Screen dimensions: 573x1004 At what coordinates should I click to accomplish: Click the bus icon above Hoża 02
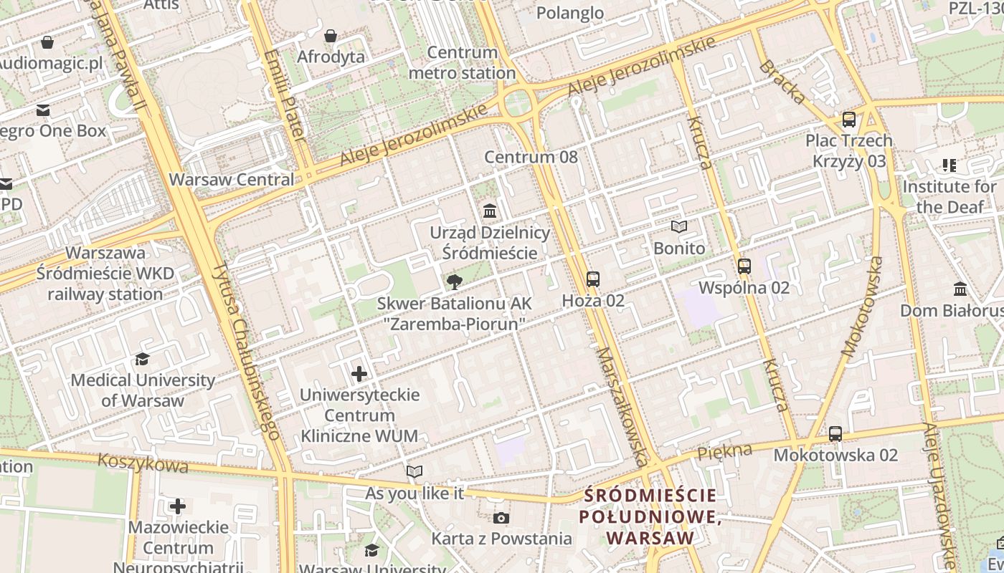592,279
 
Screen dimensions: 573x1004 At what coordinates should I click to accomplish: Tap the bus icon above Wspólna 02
744,266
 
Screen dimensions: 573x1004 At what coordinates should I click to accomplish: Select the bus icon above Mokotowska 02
835,434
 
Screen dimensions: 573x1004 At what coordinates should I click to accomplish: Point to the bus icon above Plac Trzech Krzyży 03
849,120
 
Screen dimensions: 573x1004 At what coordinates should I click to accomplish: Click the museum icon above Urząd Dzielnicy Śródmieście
491,211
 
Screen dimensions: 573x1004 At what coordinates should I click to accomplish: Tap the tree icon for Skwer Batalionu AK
453,282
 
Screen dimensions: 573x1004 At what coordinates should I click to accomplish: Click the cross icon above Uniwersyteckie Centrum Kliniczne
359,374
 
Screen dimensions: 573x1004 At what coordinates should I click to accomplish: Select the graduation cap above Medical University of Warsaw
142,359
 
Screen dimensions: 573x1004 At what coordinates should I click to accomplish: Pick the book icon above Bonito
678,227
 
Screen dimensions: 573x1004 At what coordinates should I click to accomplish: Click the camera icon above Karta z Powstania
501,518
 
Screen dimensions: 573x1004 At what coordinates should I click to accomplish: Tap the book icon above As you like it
415,471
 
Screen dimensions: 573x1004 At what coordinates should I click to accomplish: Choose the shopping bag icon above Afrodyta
331,36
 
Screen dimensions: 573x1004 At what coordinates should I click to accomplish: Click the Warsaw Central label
231,179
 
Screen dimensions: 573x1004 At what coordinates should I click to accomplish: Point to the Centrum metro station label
462,63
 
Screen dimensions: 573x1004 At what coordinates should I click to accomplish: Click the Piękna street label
724,451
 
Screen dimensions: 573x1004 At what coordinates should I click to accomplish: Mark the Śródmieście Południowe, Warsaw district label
650,516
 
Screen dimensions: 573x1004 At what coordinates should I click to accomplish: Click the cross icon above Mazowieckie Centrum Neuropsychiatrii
177,506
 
